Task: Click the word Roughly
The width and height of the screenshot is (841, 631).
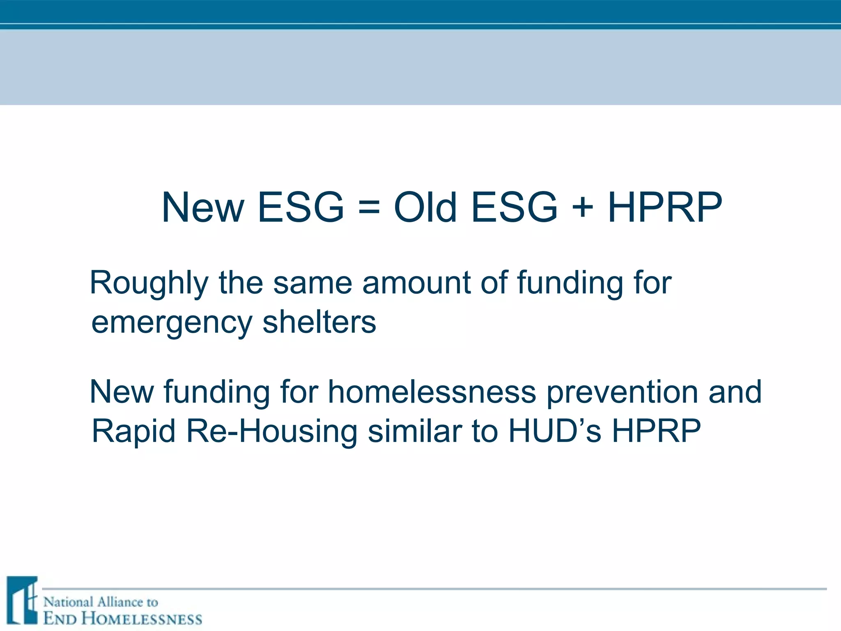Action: (x=149, y=283)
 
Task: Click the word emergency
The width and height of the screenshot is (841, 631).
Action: (x=171, y=323)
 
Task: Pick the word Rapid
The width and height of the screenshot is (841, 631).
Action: (x=133, y=431)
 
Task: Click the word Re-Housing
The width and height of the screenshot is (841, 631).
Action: (x=271, y=431)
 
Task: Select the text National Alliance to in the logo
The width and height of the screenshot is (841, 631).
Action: (x=101, y=602)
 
